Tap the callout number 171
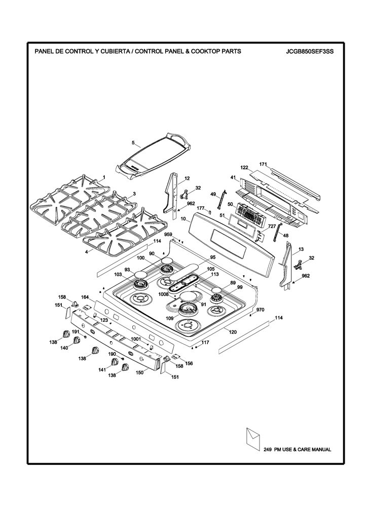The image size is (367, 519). (x=263, y=164)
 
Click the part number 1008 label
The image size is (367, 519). (x=164, y=294)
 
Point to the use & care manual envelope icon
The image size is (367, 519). (x=252, y=439)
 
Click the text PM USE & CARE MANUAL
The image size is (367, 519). (x=302, y=450)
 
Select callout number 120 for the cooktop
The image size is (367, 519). (x=233, y=331)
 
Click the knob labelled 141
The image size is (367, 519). (x=115, y=362)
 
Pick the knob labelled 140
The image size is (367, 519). (x=77, y=340)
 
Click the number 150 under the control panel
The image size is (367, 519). (x=140, y=373)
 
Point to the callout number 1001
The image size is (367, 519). (x=136, y=339)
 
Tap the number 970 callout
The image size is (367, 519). (x=260, y=310)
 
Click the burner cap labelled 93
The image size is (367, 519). (x=141, y=274)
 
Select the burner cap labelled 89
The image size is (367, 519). (x=217, y=290)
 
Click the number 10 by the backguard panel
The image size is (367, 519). (x=183, y=219)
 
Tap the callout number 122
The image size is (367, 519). (x=244, y=168)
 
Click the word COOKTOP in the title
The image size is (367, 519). (x=179, y=51)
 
